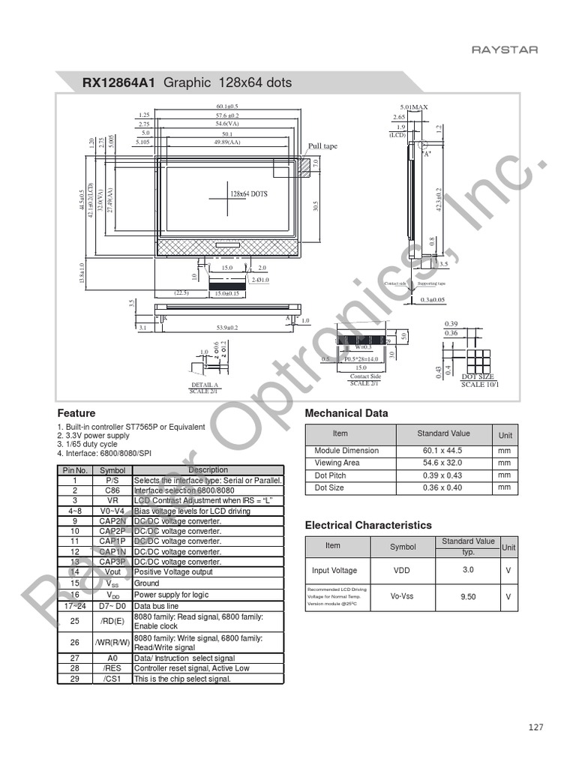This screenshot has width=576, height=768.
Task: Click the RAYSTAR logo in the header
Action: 504,50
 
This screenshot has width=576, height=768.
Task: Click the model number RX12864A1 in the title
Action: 118,82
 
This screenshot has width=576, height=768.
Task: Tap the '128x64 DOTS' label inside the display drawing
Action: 249,193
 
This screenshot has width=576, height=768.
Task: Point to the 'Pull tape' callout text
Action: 323,146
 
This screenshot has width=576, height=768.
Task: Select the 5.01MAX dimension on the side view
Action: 413,107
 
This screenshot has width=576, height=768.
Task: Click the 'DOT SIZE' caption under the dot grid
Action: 477,376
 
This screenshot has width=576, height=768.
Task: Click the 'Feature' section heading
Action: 76,413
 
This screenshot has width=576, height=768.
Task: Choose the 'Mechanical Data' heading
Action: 346,413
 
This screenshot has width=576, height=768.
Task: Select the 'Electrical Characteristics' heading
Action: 368,525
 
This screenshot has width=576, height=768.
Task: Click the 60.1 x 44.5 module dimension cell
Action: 443,451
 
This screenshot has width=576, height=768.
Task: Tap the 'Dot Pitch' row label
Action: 331,475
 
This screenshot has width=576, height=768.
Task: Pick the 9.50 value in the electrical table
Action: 468,597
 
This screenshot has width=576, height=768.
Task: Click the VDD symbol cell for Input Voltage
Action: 402,571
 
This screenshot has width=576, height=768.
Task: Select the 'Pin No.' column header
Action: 75,470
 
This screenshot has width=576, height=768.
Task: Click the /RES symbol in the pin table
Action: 112,668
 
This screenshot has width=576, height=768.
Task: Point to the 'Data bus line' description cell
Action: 157,606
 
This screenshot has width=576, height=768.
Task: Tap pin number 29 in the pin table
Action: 74,679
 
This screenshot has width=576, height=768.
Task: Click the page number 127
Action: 535,727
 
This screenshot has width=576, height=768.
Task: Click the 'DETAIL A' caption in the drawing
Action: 204,385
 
